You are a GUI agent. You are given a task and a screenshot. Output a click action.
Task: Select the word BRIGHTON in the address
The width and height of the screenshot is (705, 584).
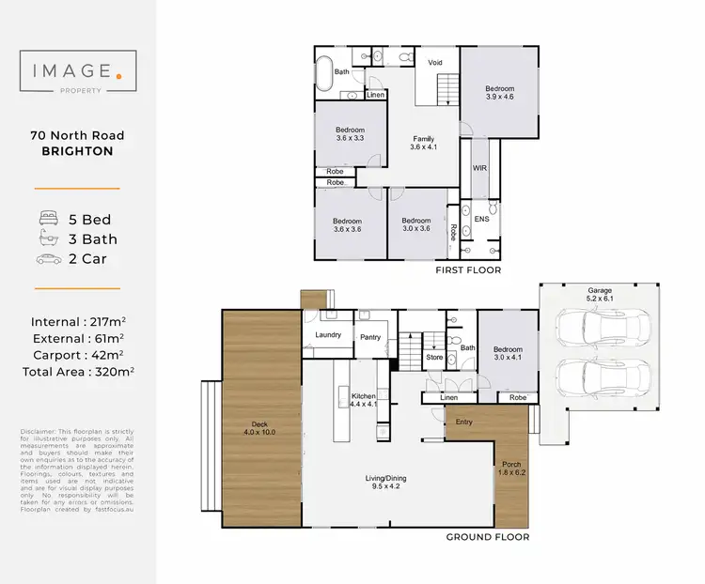(77, 151)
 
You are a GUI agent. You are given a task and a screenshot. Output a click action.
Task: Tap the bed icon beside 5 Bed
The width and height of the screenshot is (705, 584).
(46, 220)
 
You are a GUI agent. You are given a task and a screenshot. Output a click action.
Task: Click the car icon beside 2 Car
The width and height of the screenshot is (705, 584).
(46, 258)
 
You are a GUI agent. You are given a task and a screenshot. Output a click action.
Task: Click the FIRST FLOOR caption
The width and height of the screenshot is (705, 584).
(468, 270)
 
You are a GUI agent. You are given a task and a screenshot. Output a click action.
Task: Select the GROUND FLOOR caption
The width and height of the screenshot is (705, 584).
(487, 538)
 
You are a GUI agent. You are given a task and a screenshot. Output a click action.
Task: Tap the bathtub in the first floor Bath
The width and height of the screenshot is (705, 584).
(324, 73)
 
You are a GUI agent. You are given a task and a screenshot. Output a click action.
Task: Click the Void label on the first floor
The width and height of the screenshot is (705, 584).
(435, 63)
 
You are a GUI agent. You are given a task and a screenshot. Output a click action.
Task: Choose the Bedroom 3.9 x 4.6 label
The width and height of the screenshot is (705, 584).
(499, 93)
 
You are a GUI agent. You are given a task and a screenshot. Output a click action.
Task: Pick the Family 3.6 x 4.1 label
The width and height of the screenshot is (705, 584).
(423, 143)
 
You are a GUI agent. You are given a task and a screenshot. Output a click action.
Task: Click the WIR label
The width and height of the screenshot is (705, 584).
(478, 167)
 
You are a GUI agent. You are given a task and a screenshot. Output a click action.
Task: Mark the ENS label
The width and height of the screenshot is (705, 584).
(480, 219)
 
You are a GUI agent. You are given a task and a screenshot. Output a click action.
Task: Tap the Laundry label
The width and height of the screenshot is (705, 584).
(327, 334)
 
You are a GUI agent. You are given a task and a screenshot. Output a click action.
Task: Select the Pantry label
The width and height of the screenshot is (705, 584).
(368, 335)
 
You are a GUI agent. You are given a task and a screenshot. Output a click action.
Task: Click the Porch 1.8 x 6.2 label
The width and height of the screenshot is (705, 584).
(510, 466)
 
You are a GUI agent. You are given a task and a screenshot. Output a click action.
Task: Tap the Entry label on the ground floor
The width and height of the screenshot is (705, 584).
(463, 423)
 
